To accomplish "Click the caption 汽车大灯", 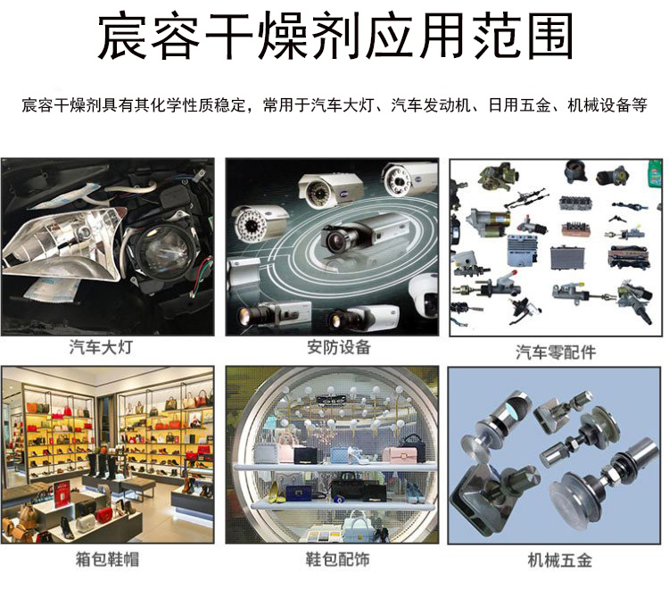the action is point(101,347).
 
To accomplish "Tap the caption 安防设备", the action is point(339,347).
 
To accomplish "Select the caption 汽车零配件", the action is point(556,353).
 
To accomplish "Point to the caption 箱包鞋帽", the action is point(107,559).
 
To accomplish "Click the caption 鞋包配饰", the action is point(337,559).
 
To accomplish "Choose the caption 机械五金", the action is point(560,560).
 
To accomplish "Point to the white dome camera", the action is point(424,295).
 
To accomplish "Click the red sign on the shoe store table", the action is point(62,494).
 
